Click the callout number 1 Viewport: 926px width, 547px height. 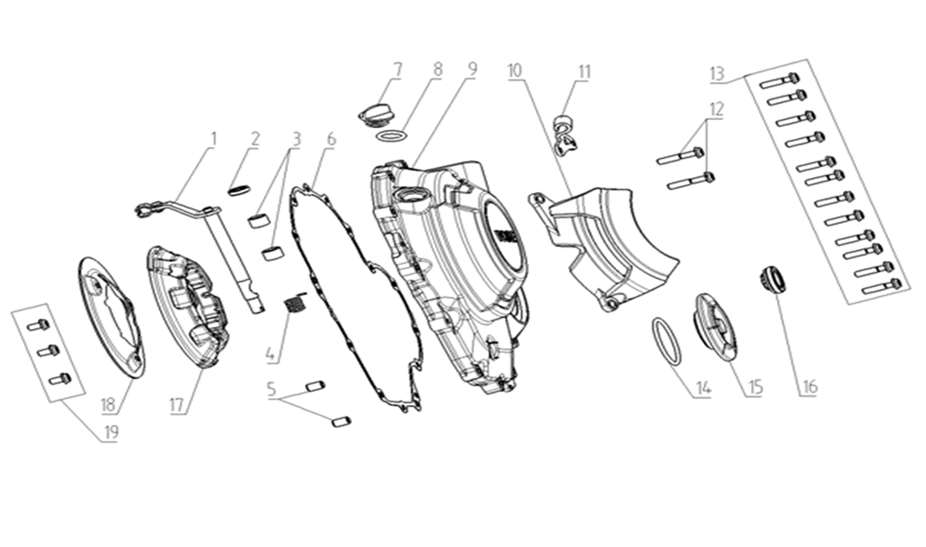point(214,139)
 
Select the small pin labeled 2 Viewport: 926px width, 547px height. point(238,190)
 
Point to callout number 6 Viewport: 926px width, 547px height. point(331,139)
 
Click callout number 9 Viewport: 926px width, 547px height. point(471,70)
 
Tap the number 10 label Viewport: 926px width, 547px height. point(514,70)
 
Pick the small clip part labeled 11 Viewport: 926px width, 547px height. point(565,130)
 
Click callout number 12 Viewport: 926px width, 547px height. point(716,108)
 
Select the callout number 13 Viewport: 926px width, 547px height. point(716,72)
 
